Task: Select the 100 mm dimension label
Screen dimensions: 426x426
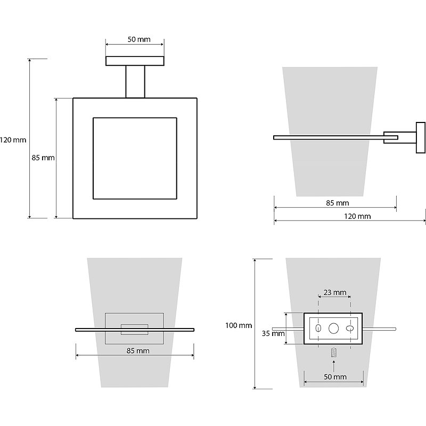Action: (238, 325)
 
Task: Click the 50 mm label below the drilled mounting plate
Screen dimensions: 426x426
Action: (335, 377)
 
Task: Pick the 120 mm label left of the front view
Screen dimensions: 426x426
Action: (13, 140)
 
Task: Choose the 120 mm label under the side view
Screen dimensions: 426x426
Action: (357, 216)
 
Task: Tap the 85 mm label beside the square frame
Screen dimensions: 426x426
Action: (44, 158)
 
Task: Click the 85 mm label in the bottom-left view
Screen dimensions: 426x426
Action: (137, 350)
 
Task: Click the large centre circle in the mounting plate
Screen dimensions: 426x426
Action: (334, 329)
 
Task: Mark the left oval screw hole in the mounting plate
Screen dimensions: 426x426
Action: (318, 329)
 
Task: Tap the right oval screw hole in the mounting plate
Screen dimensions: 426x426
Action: (350, 329)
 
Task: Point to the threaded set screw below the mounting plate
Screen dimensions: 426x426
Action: (334, 353)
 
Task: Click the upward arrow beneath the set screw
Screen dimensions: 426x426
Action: (334, 366)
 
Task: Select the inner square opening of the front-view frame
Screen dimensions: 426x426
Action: (135, 158)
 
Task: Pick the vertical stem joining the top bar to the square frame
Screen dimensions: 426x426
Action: (135, 81)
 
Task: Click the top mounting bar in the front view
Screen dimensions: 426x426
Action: (135, 61)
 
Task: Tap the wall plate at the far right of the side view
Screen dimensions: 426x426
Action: (421, 137)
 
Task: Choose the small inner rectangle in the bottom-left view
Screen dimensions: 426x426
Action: (135, 329)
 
